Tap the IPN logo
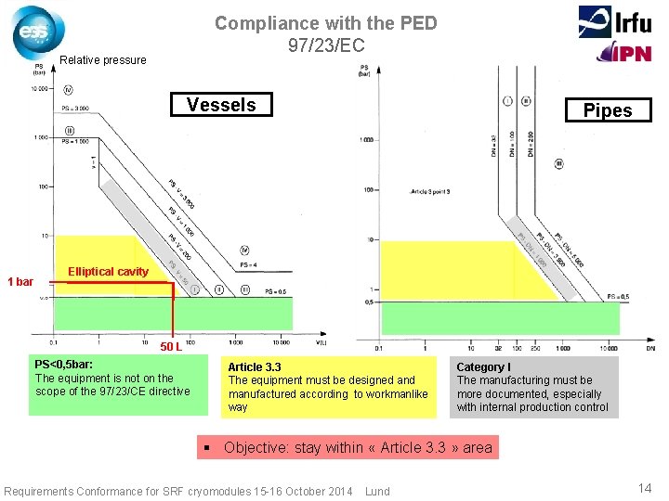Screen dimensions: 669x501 (623, 53)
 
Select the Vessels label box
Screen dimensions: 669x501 (221, 105)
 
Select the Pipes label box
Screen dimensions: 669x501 (608, 110)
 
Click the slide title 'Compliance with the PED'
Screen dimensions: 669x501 (325, 23)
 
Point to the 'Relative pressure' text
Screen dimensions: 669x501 (103, 60)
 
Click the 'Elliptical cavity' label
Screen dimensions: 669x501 (109, 272)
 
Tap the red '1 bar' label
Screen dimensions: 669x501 (20, 282)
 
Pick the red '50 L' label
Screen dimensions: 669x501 (170, 347)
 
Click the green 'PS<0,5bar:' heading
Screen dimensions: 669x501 (63, 365)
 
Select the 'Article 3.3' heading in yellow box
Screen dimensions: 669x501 (255, 367)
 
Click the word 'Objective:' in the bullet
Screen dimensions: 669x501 (256, 447)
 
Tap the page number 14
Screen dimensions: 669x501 (645, 489)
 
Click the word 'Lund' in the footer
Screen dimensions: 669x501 (378, 491)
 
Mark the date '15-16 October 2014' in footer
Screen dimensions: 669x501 (302, 491)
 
